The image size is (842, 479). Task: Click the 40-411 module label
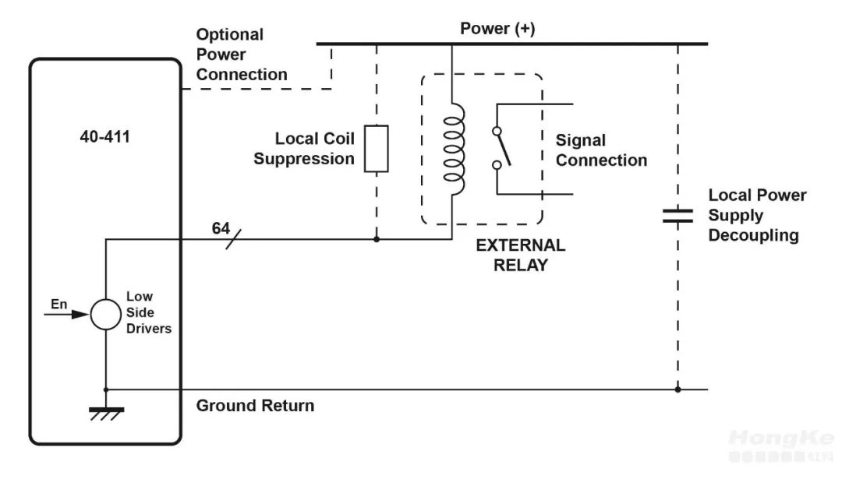click(104, 136)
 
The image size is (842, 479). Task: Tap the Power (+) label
click(497, 29)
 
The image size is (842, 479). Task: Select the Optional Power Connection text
click(241, 55)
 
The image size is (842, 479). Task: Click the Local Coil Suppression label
click(304, 149)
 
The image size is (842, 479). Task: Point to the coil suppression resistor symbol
click(377, 148)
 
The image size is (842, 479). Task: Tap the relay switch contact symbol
click(501, 147)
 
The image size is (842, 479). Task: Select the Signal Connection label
click(600, 150)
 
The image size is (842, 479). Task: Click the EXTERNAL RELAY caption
click(521, 255)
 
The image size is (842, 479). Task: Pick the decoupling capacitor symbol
click(677, 216)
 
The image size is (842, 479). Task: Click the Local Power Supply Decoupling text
click(756, 216)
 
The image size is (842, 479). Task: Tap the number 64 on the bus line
click(221, 228)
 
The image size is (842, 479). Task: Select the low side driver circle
click(104, 315)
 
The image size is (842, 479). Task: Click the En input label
click(59, 304)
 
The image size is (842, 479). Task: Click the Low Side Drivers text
click(148, 312)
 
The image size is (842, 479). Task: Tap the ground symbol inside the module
click(104, 412)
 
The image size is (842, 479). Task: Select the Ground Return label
click(255, 406)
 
